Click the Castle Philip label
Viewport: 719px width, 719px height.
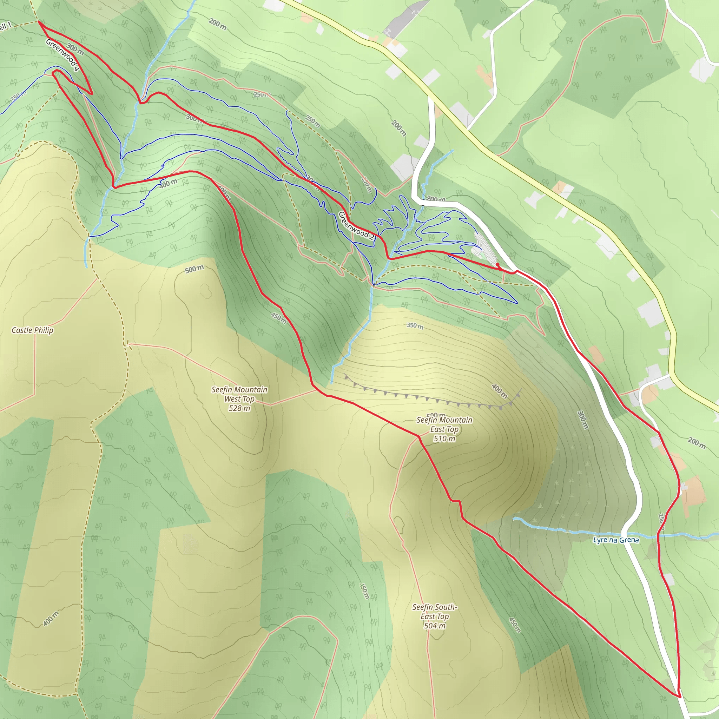[x=32, y=330]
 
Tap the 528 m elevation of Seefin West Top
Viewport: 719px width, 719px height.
[x=239, y=408]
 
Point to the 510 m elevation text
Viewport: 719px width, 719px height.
[x=444, y=438]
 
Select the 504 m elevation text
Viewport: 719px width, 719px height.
[x=435, y=626]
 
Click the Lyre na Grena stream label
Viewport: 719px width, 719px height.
[x=616, y=540]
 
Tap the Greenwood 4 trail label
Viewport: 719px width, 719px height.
[x=62, y=55]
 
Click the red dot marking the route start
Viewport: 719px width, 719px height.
[x=497, y=264]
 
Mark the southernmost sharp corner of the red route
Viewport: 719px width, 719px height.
[x=680, y=696]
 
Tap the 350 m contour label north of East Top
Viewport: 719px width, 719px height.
[x=415, y=326]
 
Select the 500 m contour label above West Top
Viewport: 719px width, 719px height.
[x=194, y=269]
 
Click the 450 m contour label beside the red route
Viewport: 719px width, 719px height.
[x=279, y=318]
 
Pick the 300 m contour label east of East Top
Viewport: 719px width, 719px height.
[x=582, y=420]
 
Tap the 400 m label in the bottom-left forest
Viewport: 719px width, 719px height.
[x=51, y=619]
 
